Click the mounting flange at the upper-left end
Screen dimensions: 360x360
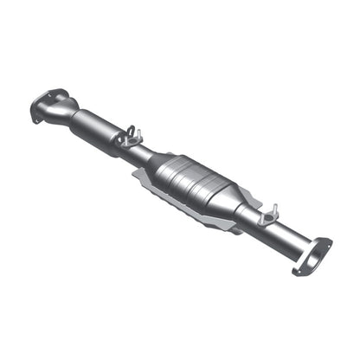[48, 105]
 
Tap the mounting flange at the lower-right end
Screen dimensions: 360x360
[312, 257]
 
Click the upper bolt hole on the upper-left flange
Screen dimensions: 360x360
[60, 92]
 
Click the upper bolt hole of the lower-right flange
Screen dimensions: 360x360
[326, 242]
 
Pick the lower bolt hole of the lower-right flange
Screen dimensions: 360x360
[299, 271]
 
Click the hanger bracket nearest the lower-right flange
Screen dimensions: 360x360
[267, 215]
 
